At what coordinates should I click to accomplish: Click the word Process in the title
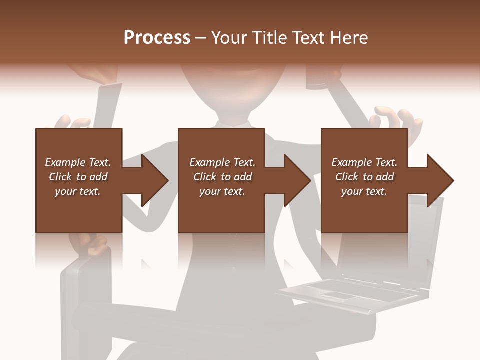(x=157, y=38)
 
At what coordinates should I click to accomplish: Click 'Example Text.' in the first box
(x=78, y=162)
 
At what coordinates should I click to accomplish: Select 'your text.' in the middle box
(x=222, y=191)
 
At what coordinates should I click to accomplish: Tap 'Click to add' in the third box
(x=364, y=177)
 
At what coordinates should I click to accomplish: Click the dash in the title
(x=201, y=38)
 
